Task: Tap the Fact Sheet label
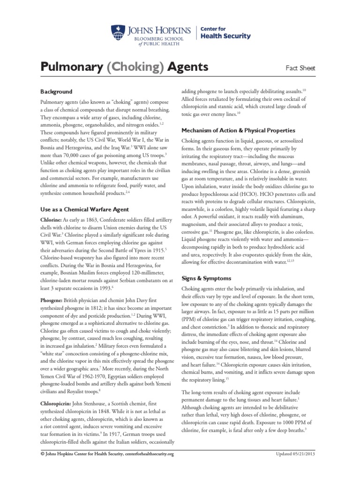[x=300, y=68]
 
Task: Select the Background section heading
[x=56, y=91]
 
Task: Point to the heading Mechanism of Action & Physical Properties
[x=238, y=130]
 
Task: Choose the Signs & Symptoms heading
[x=204, y=278]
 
